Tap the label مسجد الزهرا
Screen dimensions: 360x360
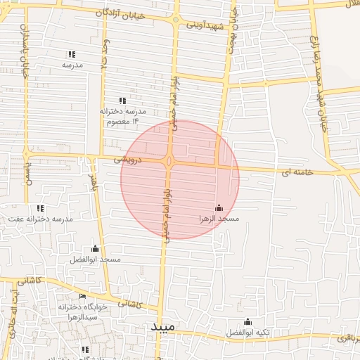[x=219, y=219]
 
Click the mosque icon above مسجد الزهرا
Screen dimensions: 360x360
[x=219, y=208]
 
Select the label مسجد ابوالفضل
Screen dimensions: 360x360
[x=95, y=259]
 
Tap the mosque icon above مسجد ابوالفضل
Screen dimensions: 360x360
[x=95, y=248]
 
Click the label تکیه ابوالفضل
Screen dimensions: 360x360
[x=247, y=332]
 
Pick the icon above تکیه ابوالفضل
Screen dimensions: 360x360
[x=247, y=321]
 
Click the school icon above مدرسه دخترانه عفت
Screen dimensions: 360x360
[x=41, y=208]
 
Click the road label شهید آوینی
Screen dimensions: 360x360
[x=205, y=25]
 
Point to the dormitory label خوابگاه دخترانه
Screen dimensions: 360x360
[x=82, y=307]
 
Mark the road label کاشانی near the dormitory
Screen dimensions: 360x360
[x=127, y=304]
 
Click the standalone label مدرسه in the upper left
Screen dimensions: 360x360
[x=72, y=65]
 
